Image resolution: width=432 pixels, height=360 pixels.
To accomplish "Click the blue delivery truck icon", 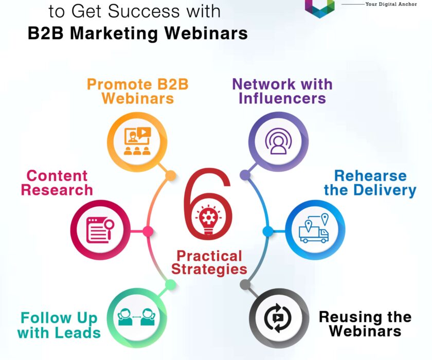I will [x=314, y=230].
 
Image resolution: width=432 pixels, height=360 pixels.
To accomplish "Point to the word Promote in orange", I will [x=114, y=84].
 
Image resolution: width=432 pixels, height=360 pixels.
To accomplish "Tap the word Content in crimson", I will [x=57, y=176].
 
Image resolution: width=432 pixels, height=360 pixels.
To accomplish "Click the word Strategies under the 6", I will [x=209, y=269].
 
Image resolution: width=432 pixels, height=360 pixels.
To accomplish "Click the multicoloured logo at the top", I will [x=319, y=6].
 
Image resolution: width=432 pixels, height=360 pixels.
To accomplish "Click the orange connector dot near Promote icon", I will [x=170, y=176].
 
